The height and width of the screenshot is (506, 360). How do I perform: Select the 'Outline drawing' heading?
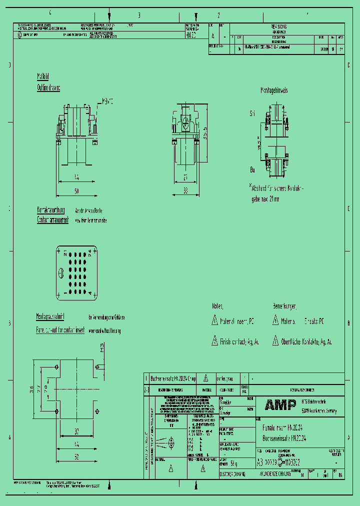point(48,88)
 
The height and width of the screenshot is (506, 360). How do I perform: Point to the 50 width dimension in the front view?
point(76,191)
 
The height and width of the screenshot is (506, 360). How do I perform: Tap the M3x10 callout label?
point(107,101)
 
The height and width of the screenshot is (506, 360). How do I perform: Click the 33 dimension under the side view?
point(184,190)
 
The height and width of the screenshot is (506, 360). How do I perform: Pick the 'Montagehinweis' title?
point(273,90)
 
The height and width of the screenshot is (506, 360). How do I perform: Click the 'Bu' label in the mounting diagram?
point(252,170)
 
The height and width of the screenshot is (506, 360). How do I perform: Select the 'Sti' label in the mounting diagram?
point(252,114)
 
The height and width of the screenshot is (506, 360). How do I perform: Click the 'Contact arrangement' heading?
point(52,220)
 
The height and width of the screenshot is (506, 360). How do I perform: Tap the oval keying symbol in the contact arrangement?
point(61,273)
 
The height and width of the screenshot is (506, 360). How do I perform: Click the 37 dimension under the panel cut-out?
point(76,431)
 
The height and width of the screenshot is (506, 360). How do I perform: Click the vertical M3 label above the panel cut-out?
point(102,347)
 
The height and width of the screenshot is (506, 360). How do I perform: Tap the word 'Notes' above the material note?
point(217,305)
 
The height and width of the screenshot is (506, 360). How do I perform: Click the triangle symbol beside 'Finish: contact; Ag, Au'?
point(214,341)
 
